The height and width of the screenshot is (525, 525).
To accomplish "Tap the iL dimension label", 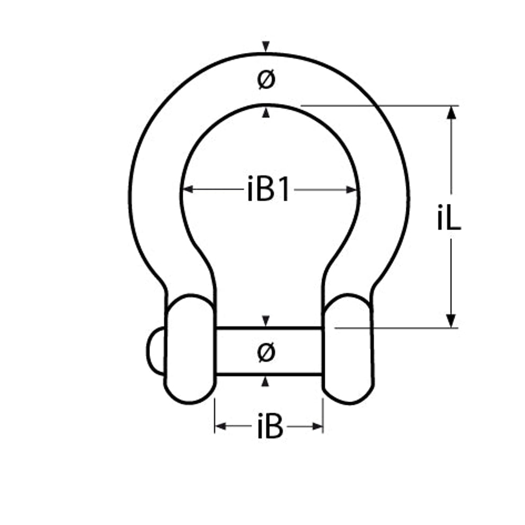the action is (x=449, y=217).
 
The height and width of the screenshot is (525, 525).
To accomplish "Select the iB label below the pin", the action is (x=270, y=426).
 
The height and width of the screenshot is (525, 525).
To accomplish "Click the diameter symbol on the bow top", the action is (x=266, y=79).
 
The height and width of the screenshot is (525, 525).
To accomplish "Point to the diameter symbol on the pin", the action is (x=266, y=352).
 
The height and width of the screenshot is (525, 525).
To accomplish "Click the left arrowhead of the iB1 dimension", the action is (x=188, y=189).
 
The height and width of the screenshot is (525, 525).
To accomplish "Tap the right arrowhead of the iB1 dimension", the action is (x=352, y=190).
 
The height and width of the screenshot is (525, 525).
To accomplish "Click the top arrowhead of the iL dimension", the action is (x=451, y=112).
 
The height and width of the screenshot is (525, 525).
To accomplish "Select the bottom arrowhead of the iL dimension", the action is (x=451, y=321).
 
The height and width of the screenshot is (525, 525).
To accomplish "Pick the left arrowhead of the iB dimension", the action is (x=220, y=426).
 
